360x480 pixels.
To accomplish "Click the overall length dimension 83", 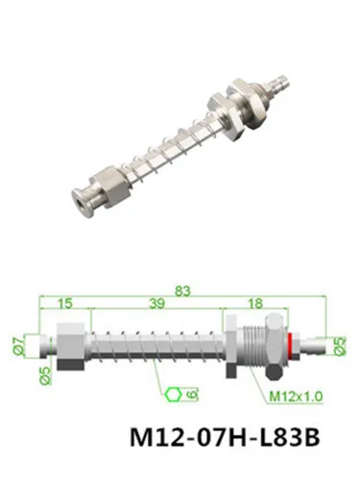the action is point(182,291).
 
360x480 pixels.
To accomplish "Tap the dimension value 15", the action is point(65,303).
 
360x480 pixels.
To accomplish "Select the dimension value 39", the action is point(157,303).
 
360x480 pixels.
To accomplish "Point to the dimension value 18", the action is point(255,303).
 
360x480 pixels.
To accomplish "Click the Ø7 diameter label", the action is point(20,346).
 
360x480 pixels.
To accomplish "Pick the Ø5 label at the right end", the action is point(341,346).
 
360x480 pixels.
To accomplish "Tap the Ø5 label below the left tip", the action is point(45,375).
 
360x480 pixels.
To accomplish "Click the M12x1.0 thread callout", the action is point(296,396).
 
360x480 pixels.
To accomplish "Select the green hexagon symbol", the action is point(174,395).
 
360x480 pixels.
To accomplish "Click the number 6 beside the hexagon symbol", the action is point(193,394).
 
